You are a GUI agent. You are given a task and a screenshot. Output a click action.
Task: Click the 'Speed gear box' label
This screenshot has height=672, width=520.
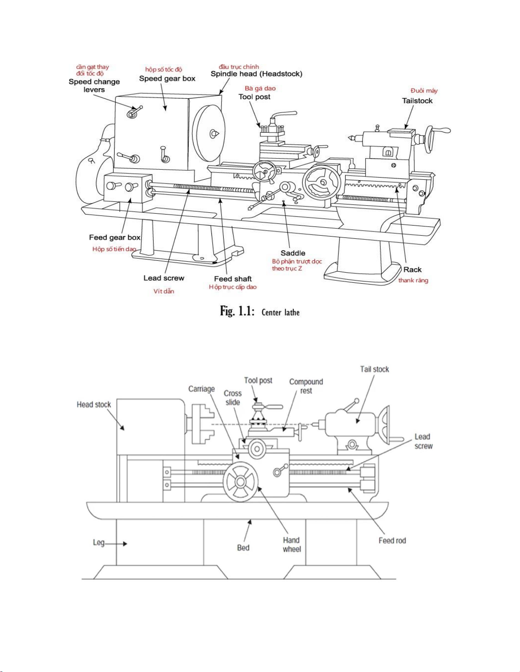point(167,78)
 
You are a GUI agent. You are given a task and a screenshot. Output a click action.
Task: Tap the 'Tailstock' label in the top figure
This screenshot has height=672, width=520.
point(417,101)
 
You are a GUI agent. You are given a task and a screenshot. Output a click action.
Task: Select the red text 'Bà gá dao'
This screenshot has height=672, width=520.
point(260,89)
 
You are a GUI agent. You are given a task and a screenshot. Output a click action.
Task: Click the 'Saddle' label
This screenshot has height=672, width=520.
point(293,253)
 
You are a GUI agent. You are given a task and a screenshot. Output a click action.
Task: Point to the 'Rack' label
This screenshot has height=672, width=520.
point(413,270)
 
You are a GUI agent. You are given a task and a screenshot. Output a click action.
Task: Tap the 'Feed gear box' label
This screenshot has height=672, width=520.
point(115,237)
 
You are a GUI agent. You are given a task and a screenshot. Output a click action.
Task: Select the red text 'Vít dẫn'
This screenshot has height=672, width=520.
point(164,291)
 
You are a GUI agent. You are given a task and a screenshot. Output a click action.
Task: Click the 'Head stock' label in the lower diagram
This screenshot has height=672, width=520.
point(94,404)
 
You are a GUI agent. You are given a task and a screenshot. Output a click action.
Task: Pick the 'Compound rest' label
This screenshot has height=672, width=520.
point(306,386)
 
